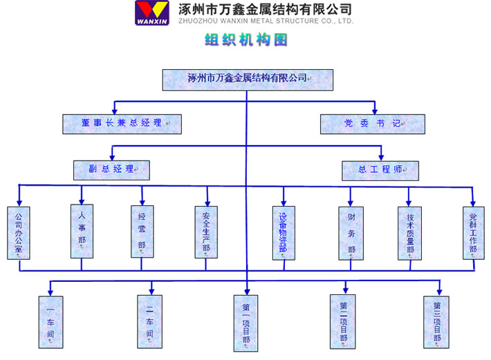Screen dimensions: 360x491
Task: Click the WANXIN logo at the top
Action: point(152,12)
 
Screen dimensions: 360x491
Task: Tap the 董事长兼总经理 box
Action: point(121,123)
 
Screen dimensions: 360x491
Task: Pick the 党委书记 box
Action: point(373,124)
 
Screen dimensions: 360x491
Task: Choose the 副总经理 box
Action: point(111,169)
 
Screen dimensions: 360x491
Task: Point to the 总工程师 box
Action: point(380,170)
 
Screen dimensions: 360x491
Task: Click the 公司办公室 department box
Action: point(19,233)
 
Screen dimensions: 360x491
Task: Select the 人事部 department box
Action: point(82,231)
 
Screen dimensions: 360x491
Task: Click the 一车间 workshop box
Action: point(50,321)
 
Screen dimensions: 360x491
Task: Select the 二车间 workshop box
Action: point(149,321)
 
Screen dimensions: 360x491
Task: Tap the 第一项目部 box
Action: point(246,323)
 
